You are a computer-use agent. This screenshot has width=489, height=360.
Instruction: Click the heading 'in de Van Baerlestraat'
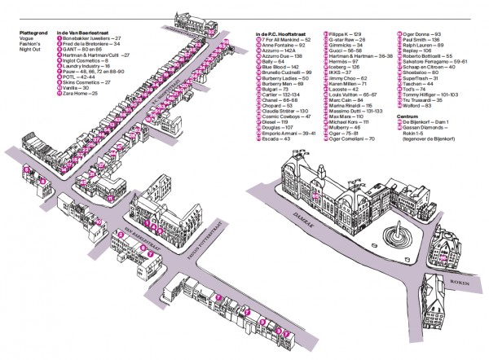click(80, 32)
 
